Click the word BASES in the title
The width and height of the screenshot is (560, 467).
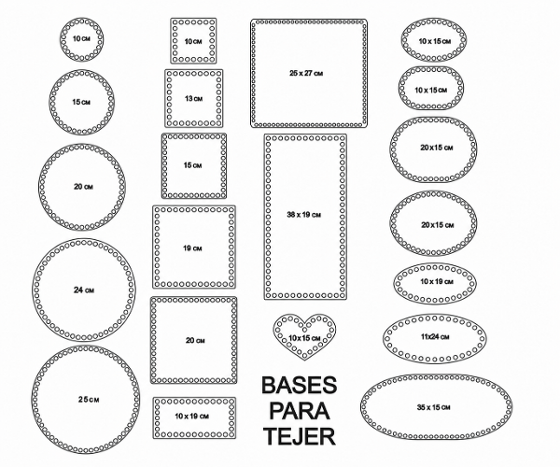300,385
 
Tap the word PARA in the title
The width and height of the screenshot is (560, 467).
300,411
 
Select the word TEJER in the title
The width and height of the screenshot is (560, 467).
300,436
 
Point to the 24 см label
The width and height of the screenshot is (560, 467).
84,290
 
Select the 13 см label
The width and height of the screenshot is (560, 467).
193,98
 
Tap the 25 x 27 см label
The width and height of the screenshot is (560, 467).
306,73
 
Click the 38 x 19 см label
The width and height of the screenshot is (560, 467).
304,215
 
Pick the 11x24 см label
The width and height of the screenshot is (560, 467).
435,336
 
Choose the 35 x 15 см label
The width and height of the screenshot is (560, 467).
434,407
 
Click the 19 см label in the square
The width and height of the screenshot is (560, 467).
192,248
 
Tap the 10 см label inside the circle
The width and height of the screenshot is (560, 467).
81,38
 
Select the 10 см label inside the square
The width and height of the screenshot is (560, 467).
193,41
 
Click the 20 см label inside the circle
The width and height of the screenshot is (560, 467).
84,187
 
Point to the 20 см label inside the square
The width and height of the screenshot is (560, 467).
195,340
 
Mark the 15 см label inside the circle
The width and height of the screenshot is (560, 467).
81,102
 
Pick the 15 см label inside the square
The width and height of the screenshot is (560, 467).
193,165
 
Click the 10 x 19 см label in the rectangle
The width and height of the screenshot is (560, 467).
191,416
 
